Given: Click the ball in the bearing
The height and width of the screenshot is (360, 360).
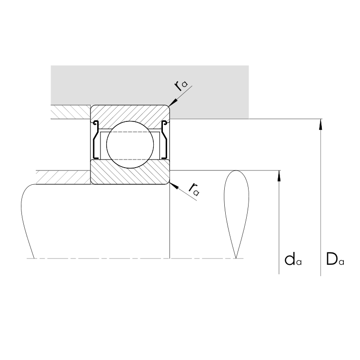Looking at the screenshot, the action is [130, 145].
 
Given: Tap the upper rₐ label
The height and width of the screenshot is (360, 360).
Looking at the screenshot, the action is [181, 86].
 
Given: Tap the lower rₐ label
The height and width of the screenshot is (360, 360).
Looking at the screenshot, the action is [194, 189].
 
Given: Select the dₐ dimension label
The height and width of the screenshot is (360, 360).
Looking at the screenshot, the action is [293, 260].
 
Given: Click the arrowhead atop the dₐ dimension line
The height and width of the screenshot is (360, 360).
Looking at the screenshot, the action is [279, 176].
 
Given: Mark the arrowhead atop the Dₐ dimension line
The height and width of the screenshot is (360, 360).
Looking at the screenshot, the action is [321, 124].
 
